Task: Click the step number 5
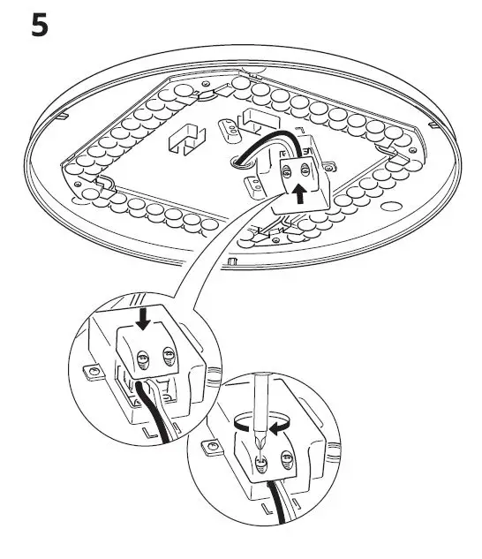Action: (40, 25)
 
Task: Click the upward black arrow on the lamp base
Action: (303, 193)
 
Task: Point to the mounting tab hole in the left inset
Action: (89, 372)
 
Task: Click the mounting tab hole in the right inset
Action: (210, 449)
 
